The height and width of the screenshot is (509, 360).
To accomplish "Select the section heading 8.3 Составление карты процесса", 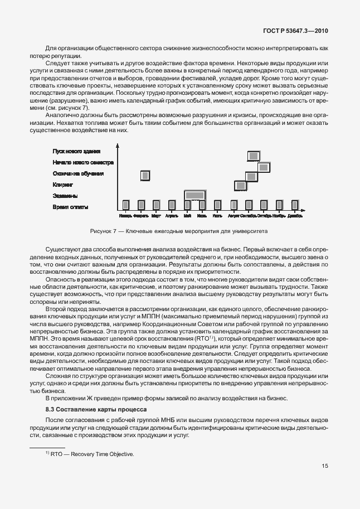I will click(85, 409).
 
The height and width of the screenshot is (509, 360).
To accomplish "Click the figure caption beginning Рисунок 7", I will click(179, 230).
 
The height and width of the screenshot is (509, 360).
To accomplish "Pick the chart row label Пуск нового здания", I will click(76, 151).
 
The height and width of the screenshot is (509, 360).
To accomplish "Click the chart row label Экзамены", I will click(65, 196).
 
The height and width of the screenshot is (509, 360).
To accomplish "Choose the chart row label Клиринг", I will click(63, 185).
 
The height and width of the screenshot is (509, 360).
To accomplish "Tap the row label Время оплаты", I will click(71, 207).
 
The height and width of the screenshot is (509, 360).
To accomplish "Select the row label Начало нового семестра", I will click(83, 163).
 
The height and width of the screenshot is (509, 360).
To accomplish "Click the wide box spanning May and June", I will click(194, 195).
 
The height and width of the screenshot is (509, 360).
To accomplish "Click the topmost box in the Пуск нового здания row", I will click(254, 157).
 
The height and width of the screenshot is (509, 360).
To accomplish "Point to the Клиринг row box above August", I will click(241, 185).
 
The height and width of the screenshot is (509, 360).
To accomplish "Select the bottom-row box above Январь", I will click(126, 205).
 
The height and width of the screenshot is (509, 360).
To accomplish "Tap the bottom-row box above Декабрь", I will click(295, 205).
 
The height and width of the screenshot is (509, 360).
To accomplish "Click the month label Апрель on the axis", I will click(172, 216).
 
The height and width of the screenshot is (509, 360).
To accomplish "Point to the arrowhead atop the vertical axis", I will click(118, 147).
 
